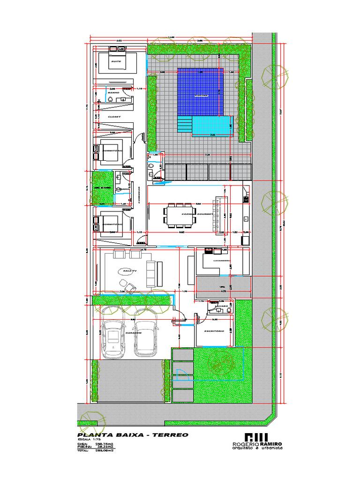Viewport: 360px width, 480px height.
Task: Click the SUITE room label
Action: click(115, 61)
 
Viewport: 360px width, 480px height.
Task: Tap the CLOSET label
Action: click(114, 116)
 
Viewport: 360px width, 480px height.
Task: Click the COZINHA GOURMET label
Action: click(197, 213)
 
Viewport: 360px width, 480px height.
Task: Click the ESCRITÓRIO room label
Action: click(213, 331)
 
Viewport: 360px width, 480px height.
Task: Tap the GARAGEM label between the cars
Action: click(133, 332)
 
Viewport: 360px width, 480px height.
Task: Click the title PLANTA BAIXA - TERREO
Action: click(133, 435)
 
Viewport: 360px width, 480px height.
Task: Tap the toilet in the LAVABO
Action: click(218, 309)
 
